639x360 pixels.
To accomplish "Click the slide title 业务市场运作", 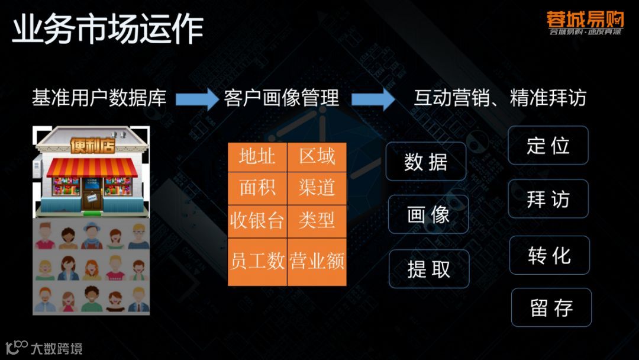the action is pos(108,30).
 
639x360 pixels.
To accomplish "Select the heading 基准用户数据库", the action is pos(99,98).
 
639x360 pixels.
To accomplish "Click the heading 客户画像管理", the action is pos(282,98).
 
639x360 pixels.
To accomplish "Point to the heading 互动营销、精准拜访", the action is pos(500,98).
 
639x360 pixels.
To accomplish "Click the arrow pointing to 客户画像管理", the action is pos(196,98).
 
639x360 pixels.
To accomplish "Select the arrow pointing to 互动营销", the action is pos(373,98).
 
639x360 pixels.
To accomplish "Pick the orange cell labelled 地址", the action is pos(257,157).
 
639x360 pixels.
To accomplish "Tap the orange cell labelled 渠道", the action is pos(317,188).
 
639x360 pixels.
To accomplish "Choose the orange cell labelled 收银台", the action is pos(257,220).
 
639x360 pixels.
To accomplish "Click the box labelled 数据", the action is pos(426,162).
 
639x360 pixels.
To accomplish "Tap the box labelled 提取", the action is pos(429,269).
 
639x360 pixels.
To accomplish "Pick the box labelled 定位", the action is pos(548,145).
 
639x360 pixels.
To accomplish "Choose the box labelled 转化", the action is pos(550,255).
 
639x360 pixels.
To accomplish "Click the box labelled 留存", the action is pos(551,307).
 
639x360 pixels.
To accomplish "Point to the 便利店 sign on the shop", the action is pos(92,145).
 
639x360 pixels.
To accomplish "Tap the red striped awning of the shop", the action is pos(92,168).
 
